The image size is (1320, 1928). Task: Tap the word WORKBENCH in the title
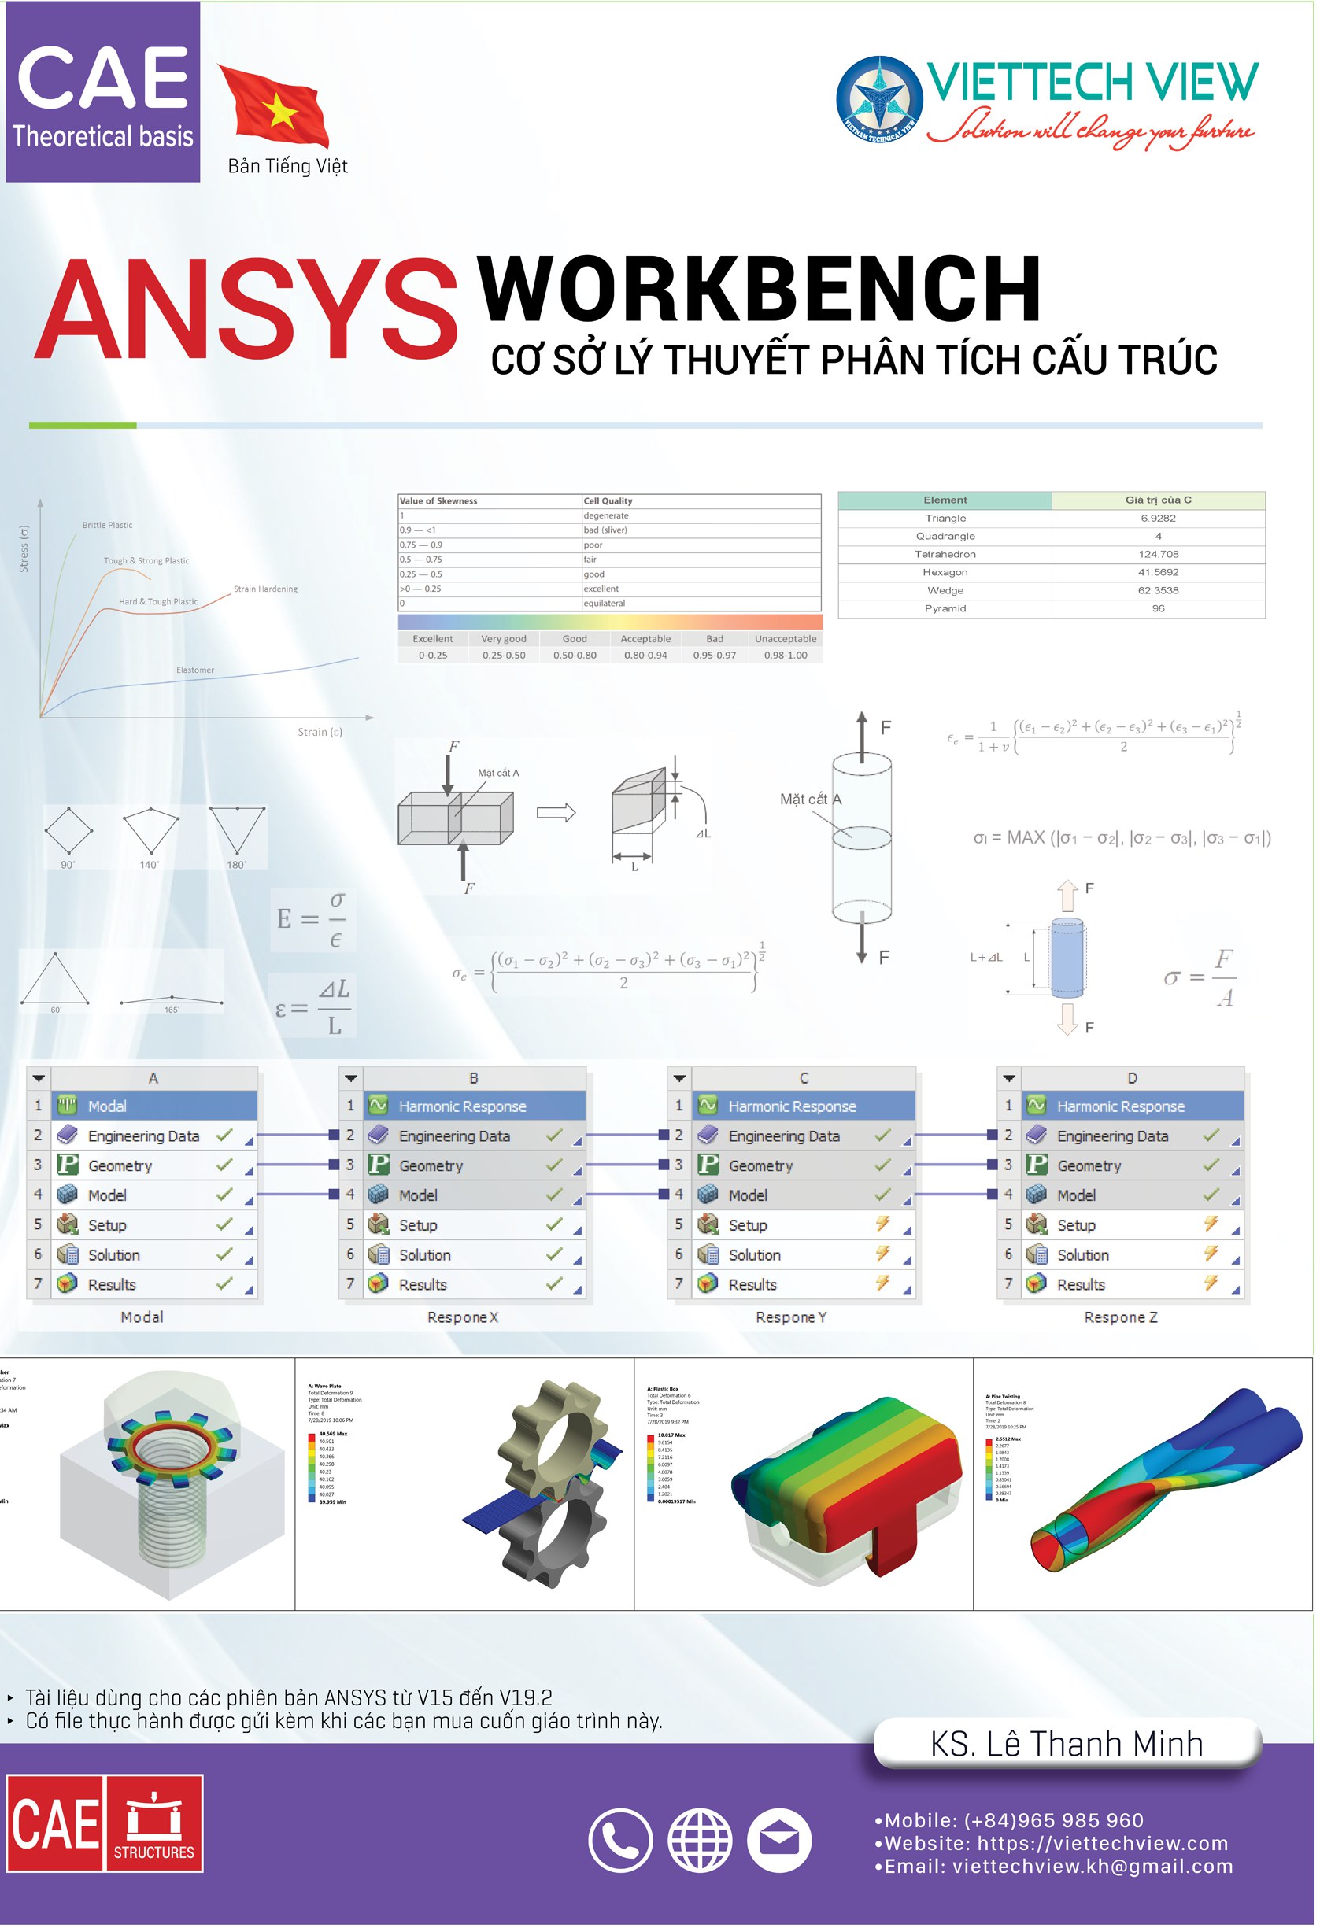[x=759, y=290]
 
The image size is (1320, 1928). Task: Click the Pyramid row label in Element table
[x=947, y=610]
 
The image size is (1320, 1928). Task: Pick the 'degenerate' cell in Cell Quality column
[x=608, y=517]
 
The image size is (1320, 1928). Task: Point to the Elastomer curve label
[x=195, y=671]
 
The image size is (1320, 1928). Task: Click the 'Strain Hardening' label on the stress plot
[x=265, y=590]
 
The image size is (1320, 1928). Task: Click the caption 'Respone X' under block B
[x=463, y=1320]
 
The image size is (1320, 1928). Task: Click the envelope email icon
[x=781, y=1842]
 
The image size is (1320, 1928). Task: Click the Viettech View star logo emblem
[x=881, y=100]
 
